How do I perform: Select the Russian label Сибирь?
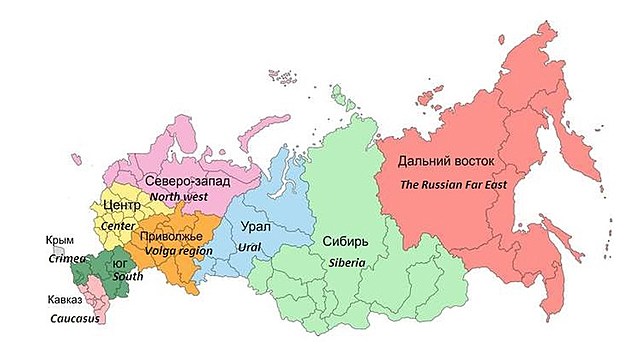pos(346,241)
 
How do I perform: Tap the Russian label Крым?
pos(59,240)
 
